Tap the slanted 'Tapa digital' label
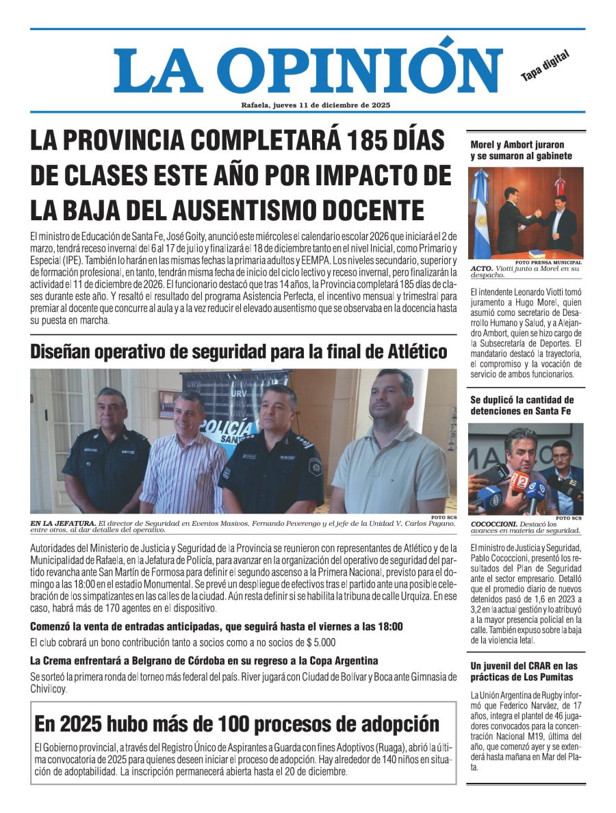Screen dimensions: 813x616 click(x=545, y=66)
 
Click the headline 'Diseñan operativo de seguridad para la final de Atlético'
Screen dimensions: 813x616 click(x=239, y=351)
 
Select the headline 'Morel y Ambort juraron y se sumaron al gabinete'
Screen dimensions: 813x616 click(x=517, y=150)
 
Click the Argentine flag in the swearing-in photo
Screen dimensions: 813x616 click(x=480, y=212)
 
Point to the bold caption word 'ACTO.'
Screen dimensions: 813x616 click(x=481, y=269)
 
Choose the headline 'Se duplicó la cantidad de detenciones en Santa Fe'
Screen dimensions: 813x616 click(x=522, y=405)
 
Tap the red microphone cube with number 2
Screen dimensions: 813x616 click(x=519, y=482)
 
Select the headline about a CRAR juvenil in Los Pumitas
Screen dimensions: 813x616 click(x=524, y=671)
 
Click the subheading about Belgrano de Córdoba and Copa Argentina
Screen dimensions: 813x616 click(x=204, y=661)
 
